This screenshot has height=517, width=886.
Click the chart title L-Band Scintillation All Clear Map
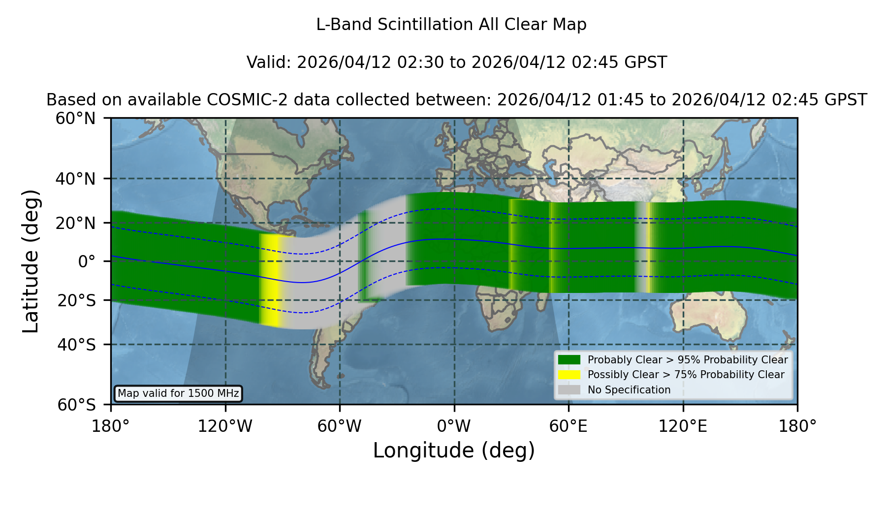point(451,25)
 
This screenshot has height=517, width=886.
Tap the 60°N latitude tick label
point(76,119)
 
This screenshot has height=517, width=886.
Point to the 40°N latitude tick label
point(76,179)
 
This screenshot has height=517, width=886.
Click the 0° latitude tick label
point(87,261)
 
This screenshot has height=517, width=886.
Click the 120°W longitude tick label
point(225,426)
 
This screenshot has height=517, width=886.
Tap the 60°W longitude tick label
point(340,426)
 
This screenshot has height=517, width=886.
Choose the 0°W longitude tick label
point(454,426)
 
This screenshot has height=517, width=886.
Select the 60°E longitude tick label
point(569,426)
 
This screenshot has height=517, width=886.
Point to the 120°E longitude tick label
point(683,426)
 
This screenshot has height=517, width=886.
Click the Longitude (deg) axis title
point(454,451)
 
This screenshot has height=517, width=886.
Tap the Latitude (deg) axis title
point(31,261)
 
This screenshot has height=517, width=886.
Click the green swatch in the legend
point(570,359)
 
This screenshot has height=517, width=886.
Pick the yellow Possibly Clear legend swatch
point(570,374)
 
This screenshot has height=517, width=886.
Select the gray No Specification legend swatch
point(570,389)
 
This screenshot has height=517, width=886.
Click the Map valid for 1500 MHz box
point(178,393)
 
